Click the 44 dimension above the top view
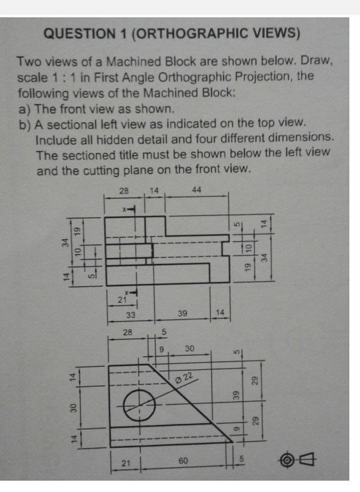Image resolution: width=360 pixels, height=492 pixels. (x=196, y=190)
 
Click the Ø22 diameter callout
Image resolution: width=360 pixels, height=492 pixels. (x=186, y=379)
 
